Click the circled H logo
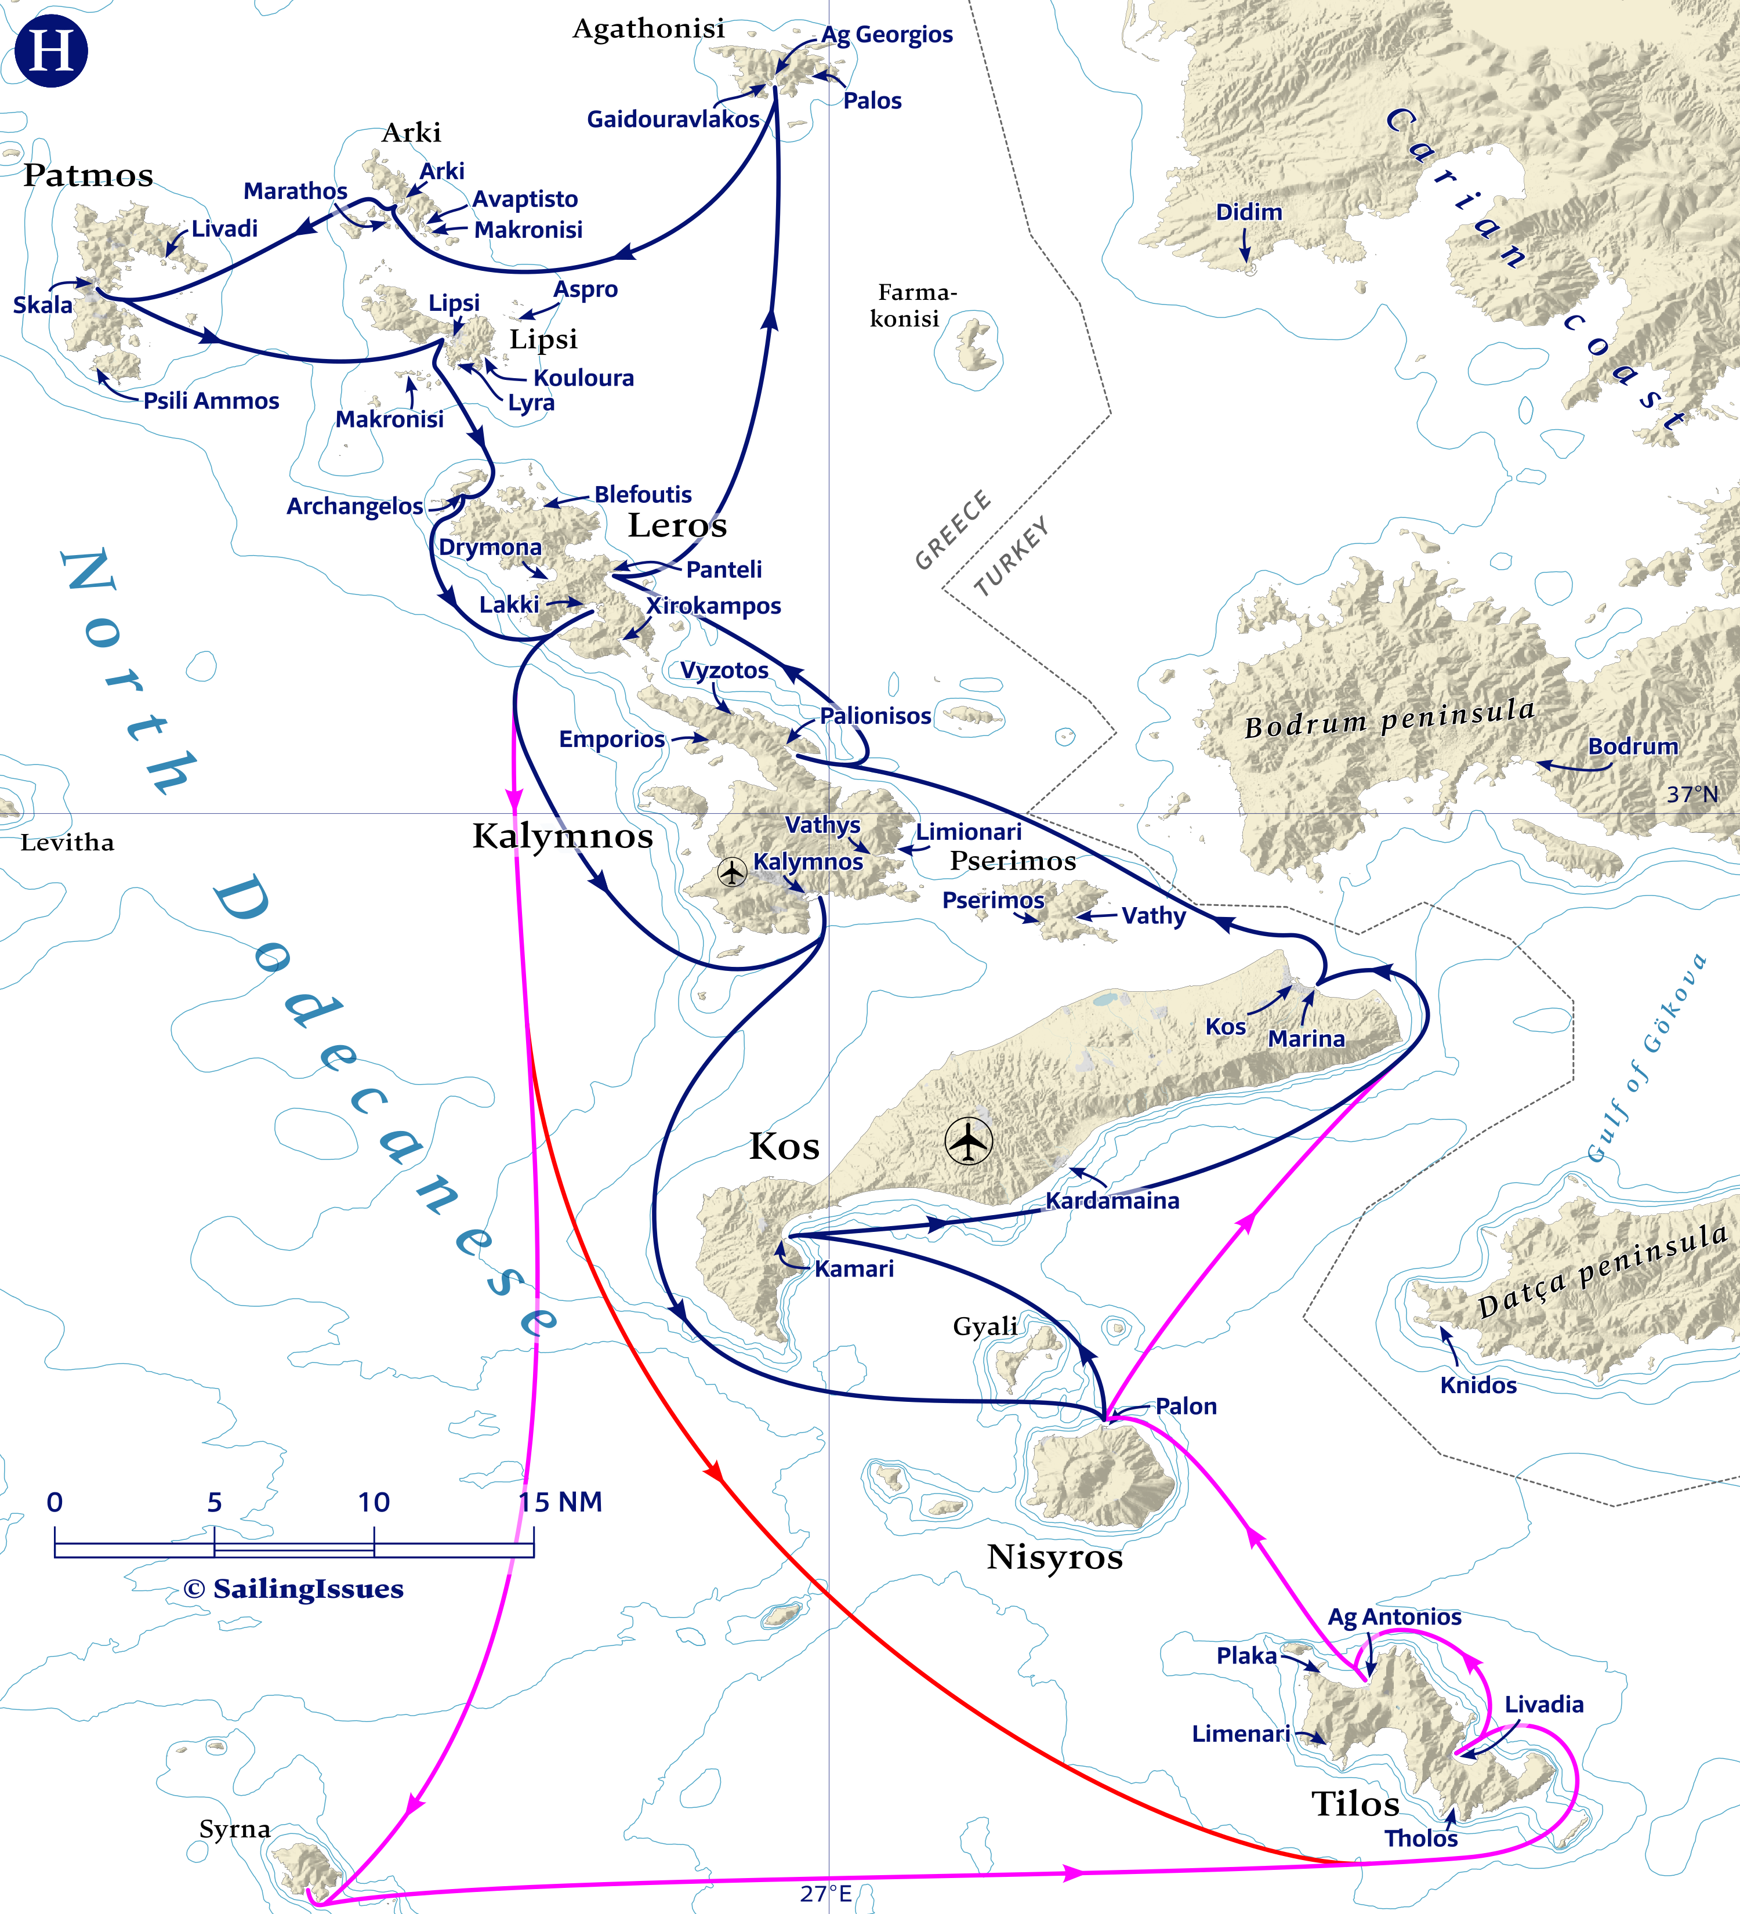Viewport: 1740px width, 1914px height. (x=51, y=50)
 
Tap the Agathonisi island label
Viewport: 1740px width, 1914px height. (x=648, y=28)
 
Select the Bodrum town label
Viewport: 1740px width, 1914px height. (x=1633, y=746)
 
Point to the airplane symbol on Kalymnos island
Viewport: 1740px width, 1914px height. (x=732, y=872)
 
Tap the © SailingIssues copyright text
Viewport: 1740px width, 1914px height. (x=293, y=1589)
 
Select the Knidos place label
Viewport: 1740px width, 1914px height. (x=1478, y=1385)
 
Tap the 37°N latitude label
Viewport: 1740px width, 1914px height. (x=1692, y=793)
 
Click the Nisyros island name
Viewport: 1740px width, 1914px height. (x=1054, y=1557)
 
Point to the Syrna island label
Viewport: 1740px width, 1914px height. (x=234, y=1829)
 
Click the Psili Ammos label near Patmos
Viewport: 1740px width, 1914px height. (x=211, y=401)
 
